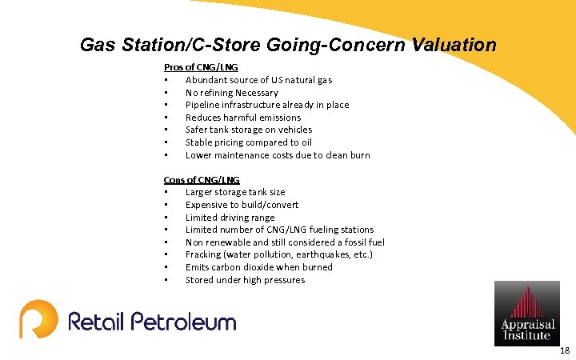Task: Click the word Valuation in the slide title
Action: click(454, 46)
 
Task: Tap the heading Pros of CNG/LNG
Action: click(201, 67)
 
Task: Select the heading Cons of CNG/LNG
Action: click(202, 180)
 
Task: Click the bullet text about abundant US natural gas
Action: click(258, 80)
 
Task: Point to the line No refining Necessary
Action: click(232, 93)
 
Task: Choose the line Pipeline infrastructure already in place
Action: click(267, 105)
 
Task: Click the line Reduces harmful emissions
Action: click(243, 118)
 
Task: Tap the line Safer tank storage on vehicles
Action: click(249, 130)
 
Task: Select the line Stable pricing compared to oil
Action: click(249, 142)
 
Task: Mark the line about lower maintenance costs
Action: click(278, 155)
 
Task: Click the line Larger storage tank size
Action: click(235, 192)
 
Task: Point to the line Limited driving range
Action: click(230, 218)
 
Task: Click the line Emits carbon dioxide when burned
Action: click(259, 267)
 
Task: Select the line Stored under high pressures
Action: click(245, 280)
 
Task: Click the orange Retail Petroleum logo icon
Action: click(38, 319)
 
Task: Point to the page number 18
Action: click(565, 350)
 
